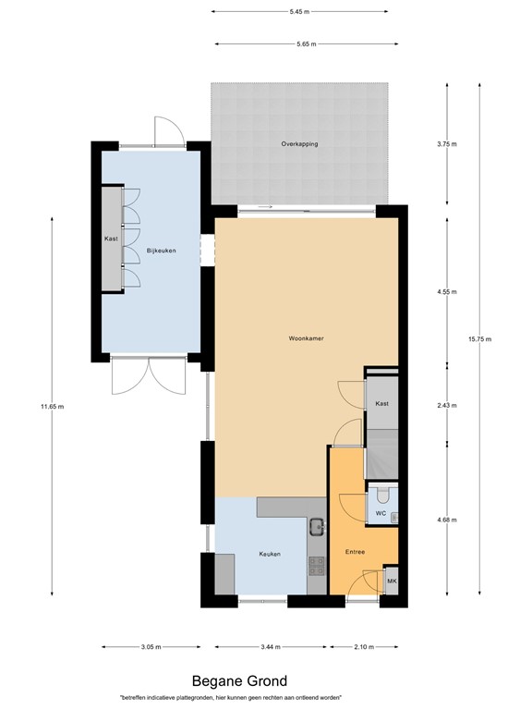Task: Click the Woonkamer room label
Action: coord(305,338)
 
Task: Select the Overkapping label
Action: coord(300,144)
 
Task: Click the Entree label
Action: coord(355,552)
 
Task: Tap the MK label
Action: coord(392,581)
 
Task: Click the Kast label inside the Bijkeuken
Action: coord(111,239)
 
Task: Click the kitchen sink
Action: coord(316,527)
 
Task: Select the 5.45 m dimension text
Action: coord(298,12)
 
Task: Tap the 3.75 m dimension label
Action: coord(447,144)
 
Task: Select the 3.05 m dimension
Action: coord(153,647)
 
